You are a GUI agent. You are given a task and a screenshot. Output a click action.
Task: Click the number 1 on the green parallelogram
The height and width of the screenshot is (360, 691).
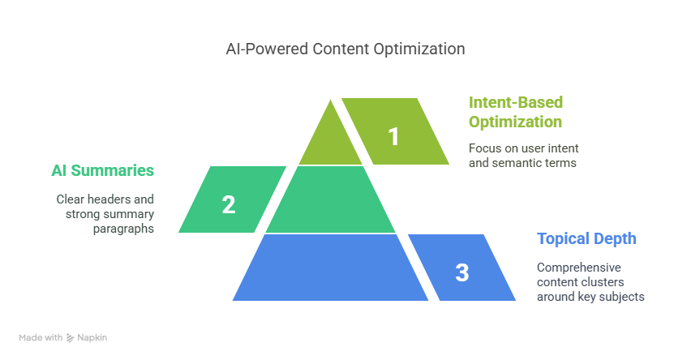click(393, 136)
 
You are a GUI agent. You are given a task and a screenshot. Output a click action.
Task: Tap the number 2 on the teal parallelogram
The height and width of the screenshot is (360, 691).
click(228, 204)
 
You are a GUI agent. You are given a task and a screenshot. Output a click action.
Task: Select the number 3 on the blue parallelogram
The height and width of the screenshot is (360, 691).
click(461, 272)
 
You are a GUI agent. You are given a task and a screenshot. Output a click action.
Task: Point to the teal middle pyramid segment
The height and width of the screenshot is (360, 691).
click(331, 199)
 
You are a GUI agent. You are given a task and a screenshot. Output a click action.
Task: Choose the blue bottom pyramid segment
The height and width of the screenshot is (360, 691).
click(331, 268)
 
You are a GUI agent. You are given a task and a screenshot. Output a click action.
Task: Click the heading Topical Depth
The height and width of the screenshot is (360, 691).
click(586, 239)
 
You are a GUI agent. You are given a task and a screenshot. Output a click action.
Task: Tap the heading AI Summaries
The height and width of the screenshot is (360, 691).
click(103, 170)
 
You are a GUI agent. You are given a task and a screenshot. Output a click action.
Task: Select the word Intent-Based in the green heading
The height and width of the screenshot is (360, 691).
click(516, 102)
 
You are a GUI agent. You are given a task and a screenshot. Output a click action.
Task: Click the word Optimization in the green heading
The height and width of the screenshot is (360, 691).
click(515, 122)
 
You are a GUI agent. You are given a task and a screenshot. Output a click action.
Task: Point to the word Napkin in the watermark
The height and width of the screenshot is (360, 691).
click(92, 337)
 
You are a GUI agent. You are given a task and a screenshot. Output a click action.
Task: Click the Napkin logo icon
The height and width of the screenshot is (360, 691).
click(70, 338)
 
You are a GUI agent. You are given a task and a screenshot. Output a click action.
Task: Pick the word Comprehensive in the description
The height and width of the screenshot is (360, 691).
click(578, 268)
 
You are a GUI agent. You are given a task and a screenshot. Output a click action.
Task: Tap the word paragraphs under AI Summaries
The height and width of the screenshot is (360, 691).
click(123, 229)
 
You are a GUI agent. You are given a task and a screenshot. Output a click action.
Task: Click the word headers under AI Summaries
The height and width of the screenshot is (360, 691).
click(109, 199)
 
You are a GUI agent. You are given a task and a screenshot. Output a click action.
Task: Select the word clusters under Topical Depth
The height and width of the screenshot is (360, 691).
click(603, 282)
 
